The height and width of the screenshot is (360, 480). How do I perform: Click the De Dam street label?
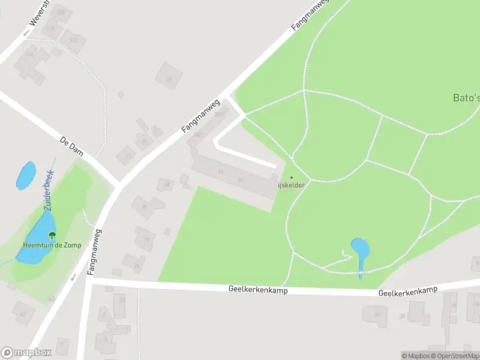[x=71, y=146]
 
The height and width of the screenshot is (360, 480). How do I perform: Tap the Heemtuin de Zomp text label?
[x=52, y=245]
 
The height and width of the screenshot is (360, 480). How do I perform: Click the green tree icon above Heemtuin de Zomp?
[x=52, y=236]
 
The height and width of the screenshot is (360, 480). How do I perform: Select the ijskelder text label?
[x=292, y=185]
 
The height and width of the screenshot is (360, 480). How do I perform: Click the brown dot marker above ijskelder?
[x=292, y=177]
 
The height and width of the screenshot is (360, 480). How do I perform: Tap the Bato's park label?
[x=466, y=98]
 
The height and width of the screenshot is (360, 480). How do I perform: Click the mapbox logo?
[x=26, y=352]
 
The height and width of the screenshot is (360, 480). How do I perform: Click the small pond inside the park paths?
[x=360, y=250]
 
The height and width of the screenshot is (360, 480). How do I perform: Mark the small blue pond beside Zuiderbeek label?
[x=26, y=175]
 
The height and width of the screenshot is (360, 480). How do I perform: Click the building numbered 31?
[x=169, y=77]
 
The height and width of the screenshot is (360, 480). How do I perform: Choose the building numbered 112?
[x=73, y=40]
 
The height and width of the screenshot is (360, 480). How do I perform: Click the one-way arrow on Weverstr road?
[x=26, y=33]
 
